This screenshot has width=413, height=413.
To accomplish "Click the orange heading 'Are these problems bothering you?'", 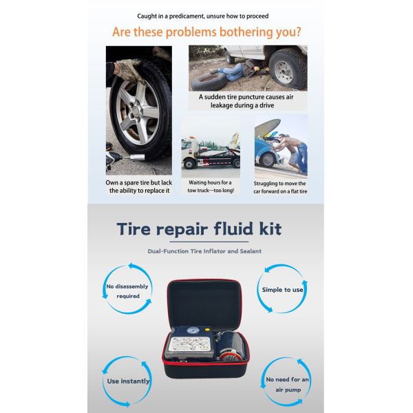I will pyautogui.click(x=206, y=32).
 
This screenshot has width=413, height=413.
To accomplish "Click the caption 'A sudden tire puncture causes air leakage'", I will pyautogui.click(x=247, y=102).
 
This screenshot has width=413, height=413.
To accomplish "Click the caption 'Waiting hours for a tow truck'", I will pyautogui.click(x=211, y=187).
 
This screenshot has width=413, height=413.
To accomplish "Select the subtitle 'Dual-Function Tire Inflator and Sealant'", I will pyautogui.click(x=204, y=251).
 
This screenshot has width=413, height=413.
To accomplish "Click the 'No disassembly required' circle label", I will pyautogui.click(x=123, y=290).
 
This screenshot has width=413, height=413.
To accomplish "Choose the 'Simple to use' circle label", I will pyautogui.click(x=282, y=290).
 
